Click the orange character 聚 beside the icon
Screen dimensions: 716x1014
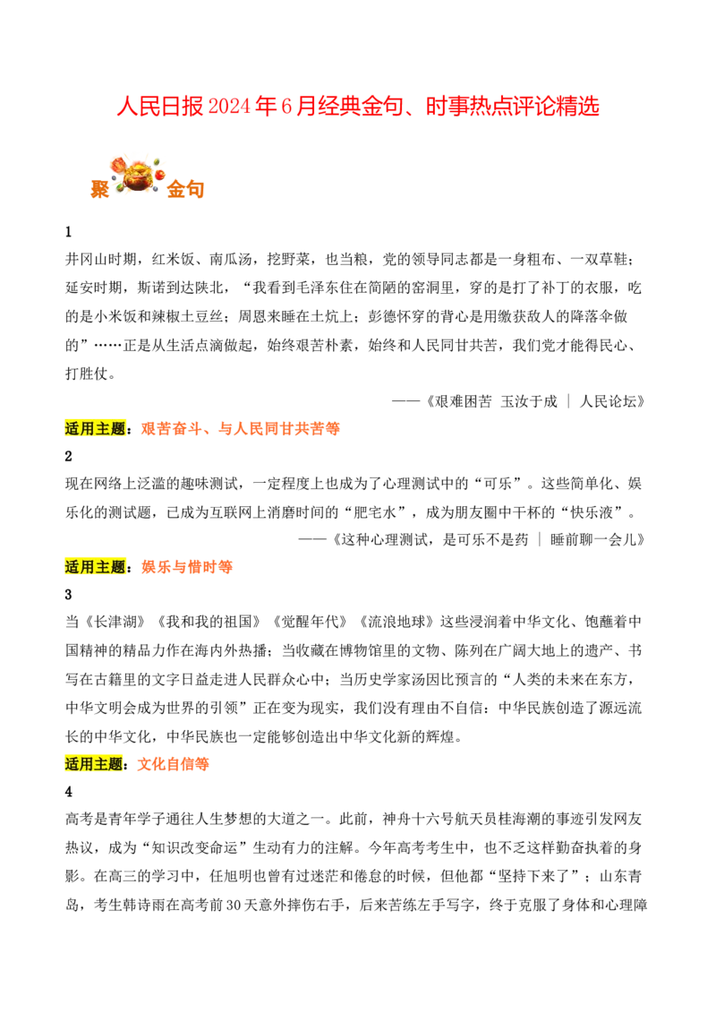click(x=100, y=189)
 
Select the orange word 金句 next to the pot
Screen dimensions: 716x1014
click(x=185, y=189)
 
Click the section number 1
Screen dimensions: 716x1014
click(x=69, y=232)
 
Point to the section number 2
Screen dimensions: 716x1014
click(x=69, y=457)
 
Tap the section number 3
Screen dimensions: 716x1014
click(x=69, y=595)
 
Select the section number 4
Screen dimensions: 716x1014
click(x=69, y=792)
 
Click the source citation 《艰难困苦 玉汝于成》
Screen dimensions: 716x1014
click(x=490, y=401)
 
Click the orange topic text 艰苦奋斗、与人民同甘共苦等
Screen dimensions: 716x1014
click(x=241, y=429)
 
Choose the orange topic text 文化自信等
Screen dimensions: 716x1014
click(x=174, y=764)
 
